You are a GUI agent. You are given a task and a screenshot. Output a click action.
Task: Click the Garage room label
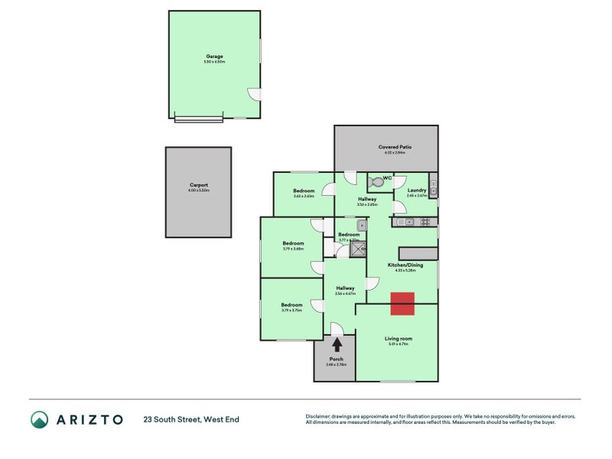tap(214, 56)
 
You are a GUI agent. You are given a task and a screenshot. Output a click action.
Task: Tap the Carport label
tap(199, 184)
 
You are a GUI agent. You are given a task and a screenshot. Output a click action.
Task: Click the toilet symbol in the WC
tap(375, 184)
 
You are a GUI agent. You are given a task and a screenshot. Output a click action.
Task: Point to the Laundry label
tap(417, 190)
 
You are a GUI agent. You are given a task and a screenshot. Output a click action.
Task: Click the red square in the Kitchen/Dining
tap(402, 304)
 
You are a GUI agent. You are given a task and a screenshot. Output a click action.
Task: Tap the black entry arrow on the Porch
tap(337, 346)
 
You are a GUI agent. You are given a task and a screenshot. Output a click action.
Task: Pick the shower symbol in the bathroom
tap(358, 246)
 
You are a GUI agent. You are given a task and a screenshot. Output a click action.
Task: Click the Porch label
tap(337, 359)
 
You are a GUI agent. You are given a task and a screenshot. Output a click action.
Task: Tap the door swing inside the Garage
tap(255, 94)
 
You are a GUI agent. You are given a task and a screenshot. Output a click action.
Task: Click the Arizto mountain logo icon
tap(40, 418)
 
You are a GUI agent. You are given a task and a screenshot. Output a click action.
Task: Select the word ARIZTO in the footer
tap(89, 419)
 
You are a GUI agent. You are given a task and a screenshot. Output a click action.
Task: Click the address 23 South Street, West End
tap(191, 419)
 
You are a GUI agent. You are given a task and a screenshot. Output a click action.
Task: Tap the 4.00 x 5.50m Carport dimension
tap(199, 190)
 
